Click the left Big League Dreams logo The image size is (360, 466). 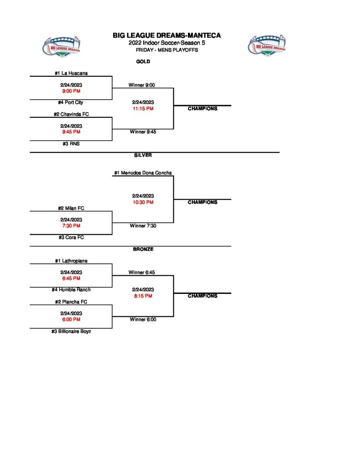click(62, 46)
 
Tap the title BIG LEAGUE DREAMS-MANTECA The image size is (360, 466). click(167, 35)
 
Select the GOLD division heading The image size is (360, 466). click(143, 61)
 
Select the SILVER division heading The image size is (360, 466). click(143, 155)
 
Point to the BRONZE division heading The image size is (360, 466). click(143, 249)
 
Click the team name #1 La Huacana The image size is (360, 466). click(71, 73)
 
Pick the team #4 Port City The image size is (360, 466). click(71, 102)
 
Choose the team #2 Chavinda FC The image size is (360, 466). click(71, 114)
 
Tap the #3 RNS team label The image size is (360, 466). click(71, 143)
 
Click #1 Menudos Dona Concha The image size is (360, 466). click(143, 172)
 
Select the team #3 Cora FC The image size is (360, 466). click(71, 237)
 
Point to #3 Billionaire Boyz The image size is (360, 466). click(71, 331)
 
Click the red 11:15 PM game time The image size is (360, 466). click(143, 109)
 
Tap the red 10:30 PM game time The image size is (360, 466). click(143, 202)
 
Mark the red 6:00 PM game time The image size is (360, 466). click(71, 319)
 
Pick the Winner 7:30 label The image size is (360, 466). click(143, 226)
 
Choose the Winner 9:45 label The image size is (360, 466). click(143, 132)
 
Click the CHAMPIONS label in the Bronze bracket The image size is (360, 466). click(203, 296)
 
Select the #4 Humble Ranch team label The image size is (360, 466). click(71, 289)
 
